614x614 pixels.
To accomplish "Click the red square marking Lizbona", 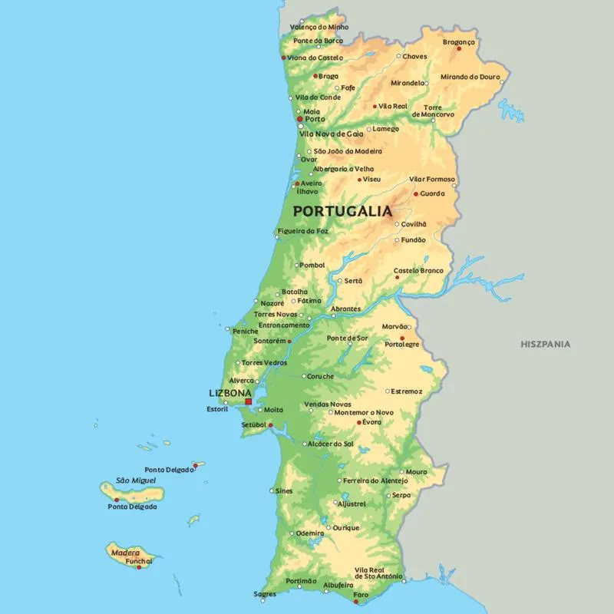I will coord(248,401).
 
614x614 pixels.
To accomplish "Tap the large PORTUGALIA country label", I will coord(342,210).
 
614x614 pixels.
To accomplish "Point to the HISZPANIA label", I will coord(545,344).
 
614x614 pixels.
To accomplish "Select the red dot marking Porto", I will coord(299,120).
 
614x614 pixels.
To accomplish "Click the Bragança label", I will coord(459,41).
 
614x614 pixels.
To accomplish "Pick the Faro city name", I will coord(361,595).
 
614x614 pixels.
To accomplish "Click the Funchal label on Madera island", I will coord(139,561).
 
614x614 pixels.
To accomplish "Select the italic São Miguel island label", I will coord(135,480).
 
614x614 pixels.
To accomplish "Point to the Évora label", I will coord(371,422).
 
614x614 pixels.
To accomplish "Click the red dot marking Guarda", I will coord(416,194).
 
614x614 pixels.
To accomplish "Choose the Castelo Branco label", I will coord(418,270).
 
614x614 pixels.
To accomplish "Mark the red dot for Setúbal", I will coord(270,424).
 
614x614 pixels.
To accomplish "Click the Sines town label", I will coord(284,490).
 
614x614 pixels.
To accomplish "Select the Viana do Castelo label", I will coord(315,58).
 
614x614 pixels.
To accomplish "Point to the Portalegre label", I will coord(402,345).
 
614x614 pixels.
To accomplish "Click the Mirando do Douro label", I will coord(470,77).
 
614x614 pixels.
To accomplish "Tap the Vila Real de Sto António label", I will coord(378,573).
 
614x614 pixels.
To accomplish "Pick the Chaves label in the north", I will coord(414,56).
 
